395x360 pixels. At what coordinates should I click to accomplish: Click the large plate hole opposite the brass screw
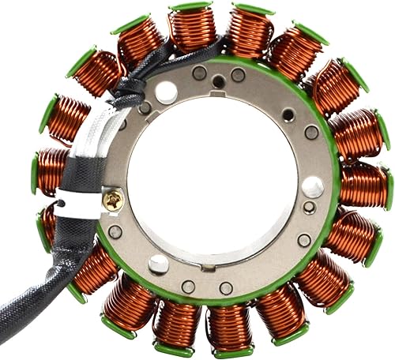point(312,187)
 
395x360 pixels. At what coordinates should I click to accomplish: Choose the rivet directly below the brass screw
point(116,232)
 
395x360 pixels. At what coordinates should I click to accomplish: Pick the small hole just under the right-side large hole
point(310,208)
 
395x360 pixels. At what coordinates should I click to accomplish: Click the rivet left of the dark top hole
point(200,73)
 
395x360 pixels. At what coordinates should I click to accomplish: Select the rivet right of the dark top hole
point(238,76)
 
